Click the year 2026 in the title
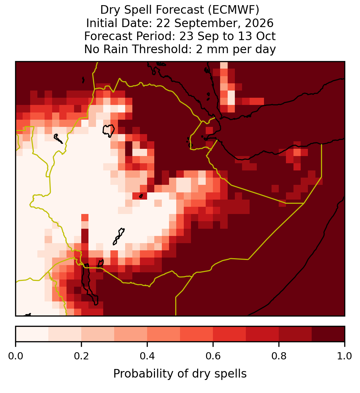(259, 23)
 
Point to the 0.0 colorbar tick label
(15, 356)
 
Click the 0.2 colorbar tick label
(81, 356)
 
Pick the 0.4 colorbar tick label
(147, 356)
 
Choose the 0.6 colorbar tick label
(213, 356)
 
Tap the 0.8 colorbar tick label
(279, 356)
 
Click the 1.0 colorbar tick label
(345, 356)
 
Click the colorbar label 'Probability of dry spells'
(180, 374)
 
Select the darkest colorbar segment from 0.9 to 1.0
(328, 334)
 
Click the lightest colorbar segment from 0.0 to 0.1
(32, 334)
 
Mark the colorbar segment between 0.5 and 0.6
(197, 334)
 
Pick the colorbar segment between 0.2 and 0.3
(98, 334)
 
